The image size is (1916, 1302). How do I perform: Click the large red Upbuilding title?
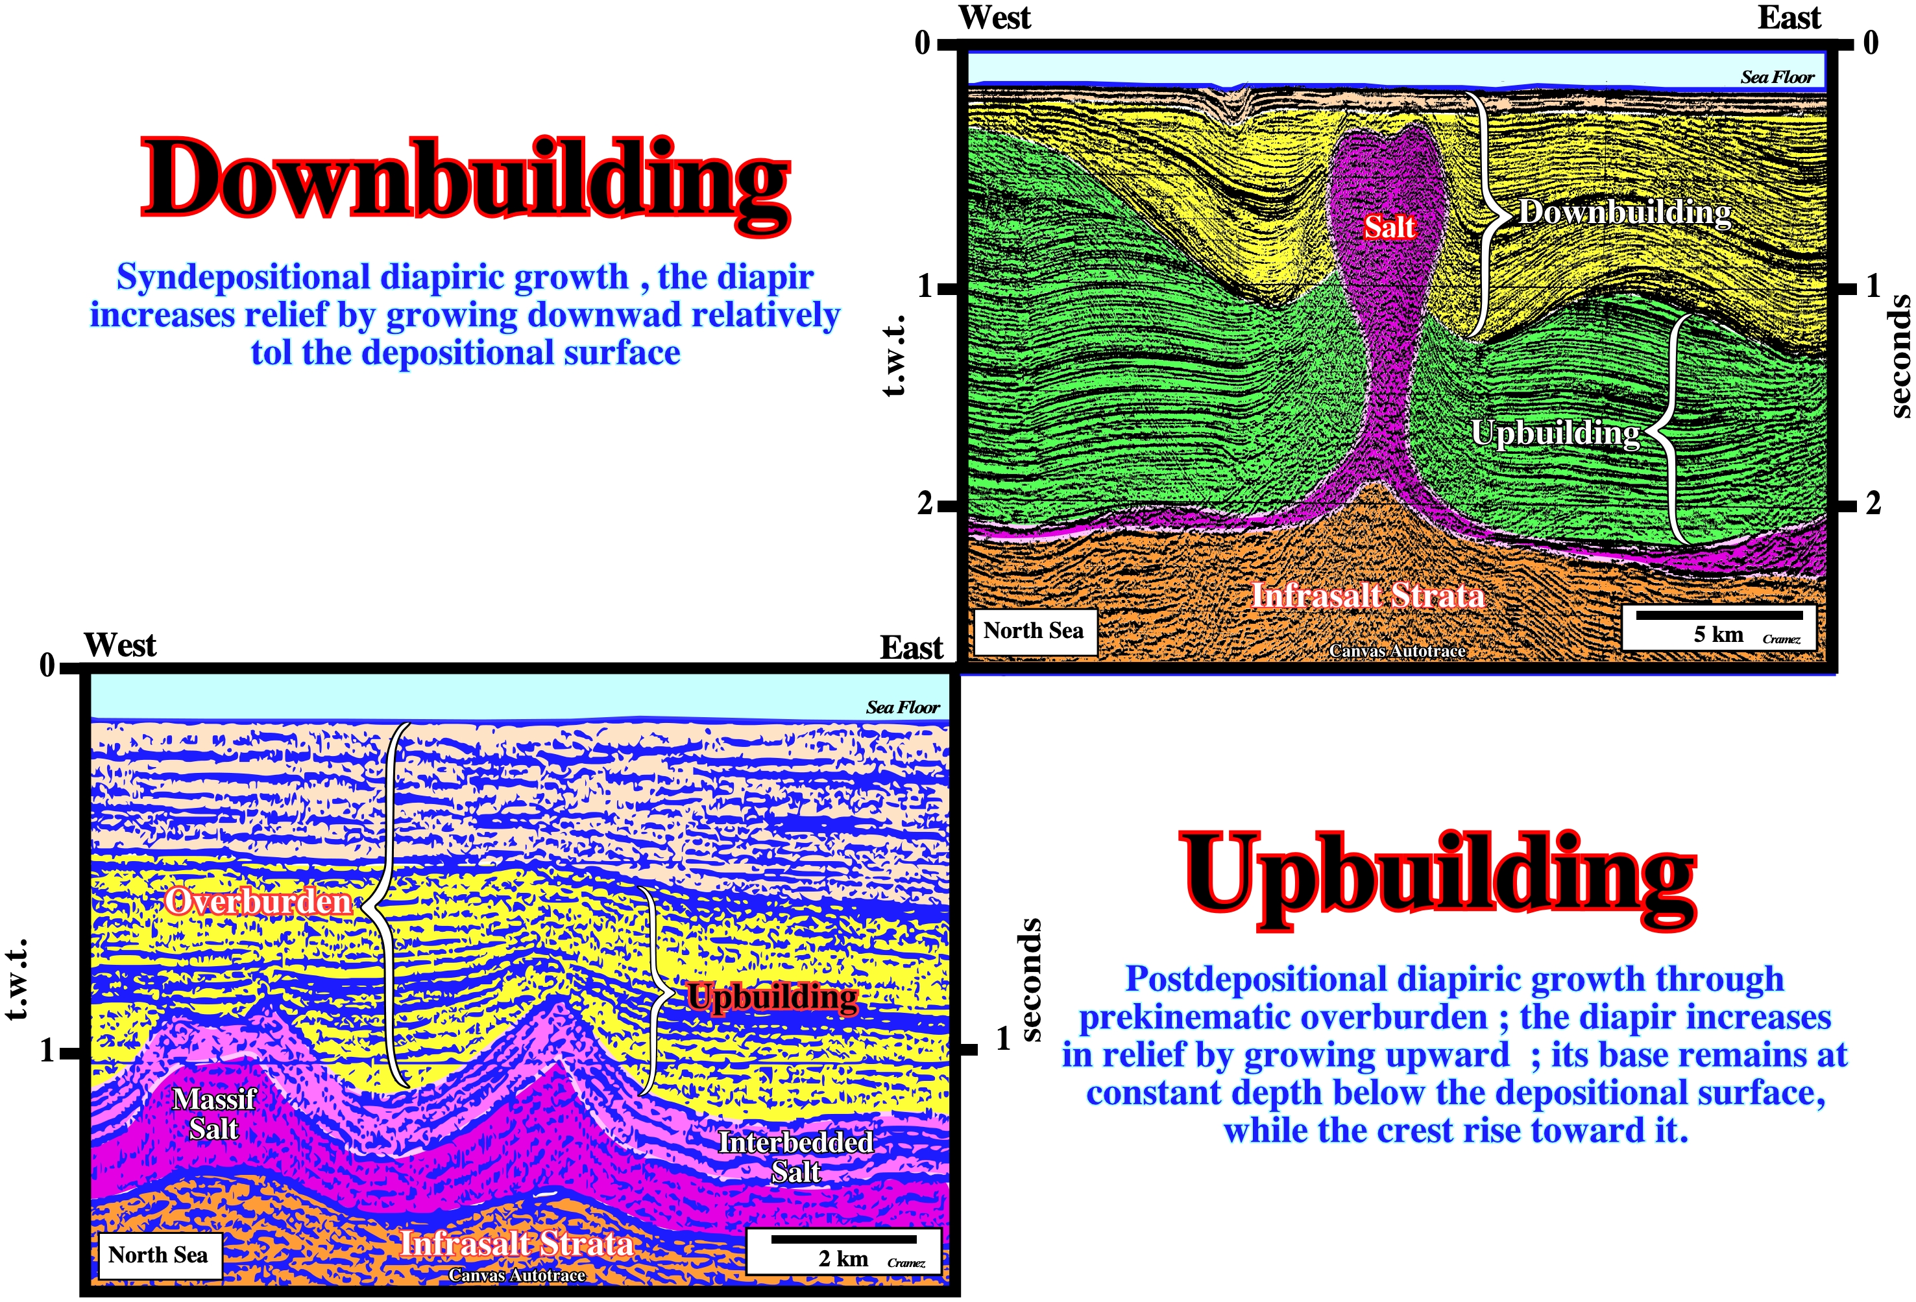tap(1438, 879)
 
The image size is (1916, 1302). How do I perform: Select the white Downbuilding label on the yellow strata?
tap(1625, 212)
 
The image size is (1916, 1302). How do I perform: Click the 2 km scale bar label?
tap(843, 1259)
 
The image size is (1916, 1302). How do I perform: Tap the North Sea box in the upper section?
tap(1034, 631)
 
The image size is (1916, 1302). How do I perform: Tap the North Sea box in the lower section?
tap(158, 1255)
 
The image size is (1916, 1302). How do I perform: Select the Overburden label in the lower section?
tap(258, 901)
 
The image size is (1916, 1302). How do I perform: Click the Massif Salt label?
tap(214, 1113)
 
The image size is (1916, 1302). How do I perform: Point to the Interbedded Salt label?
tap(795, 1156)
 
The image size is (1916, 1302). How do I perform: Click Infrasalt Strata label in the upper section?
tap(1368, 595)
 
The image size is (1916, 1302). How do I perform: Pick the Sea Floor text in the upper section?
tap(1778, 77)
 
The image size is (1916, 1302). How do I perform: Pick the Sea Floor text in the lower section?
tap(903, 707)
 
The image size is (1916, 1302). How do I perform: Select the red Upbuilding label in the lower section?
tap(773, 998)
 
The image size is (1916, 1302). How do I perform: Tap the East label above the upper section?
tap(1789, 18)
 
